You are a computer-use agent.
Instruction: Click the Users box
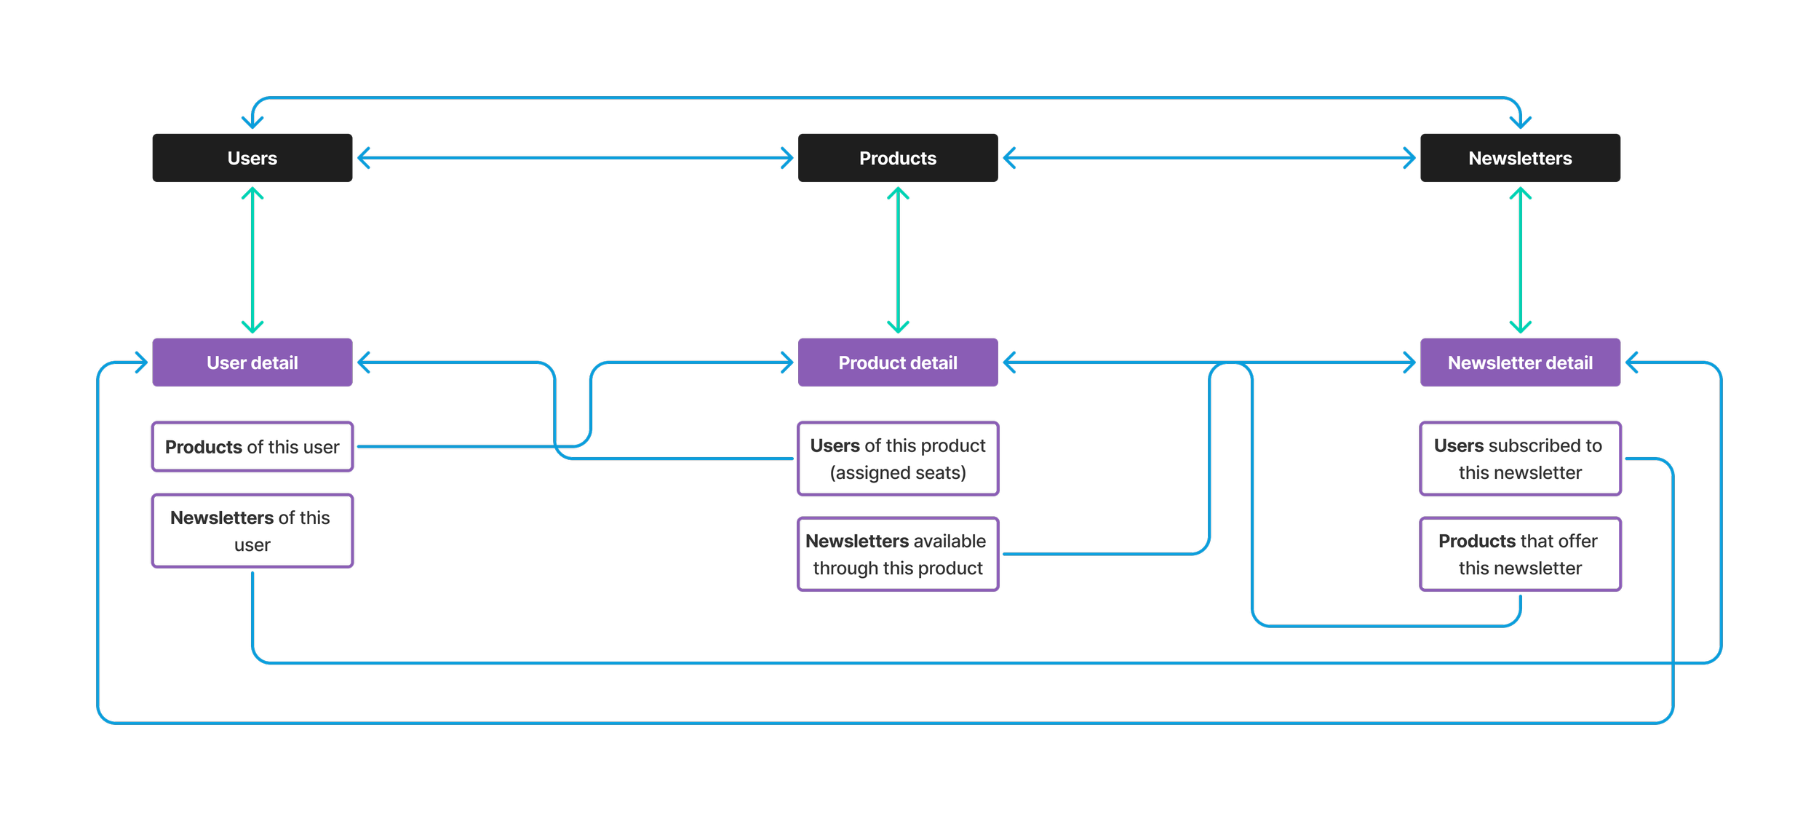tap(252, 158)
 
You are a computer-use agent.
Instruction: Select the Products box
tap(897, 158)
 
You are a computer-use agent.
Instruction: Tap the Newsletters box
tap(1519, 158)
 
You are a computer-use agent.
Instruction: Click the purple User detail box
tap(252, 362)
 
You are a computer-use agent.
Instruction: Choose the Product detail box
tap(897, 362)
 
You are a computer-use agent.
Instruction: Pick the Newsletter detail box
tap(1519, 362)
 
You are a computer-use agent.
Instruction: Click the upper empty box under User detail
tap(252, 446)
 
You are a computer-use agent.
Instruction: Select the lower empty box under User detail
tap(252, 531)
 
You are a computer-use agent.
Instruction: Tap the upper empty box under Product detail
tap(897, 459)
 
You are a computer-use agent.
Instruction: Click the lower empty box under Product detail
tap(897, 554)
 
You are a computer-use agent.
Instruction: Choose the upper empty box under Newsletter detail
tap(1519, 459)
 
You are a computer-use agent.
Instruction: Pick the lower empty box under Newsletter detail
tap(1519, 554)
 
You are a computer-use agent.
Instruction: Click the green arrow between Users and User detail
tap(252, 260)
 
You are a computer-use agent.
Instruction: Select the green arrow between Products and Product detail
tap(897, 260)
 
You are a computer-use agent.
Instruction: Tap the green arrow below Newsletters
tap(1520, 260)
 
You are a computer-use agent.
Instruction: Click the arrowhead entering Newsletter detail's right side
tap(1631, 362)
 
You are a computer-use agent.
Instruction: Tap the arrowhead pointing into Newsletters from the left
tap(1411, 158)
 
